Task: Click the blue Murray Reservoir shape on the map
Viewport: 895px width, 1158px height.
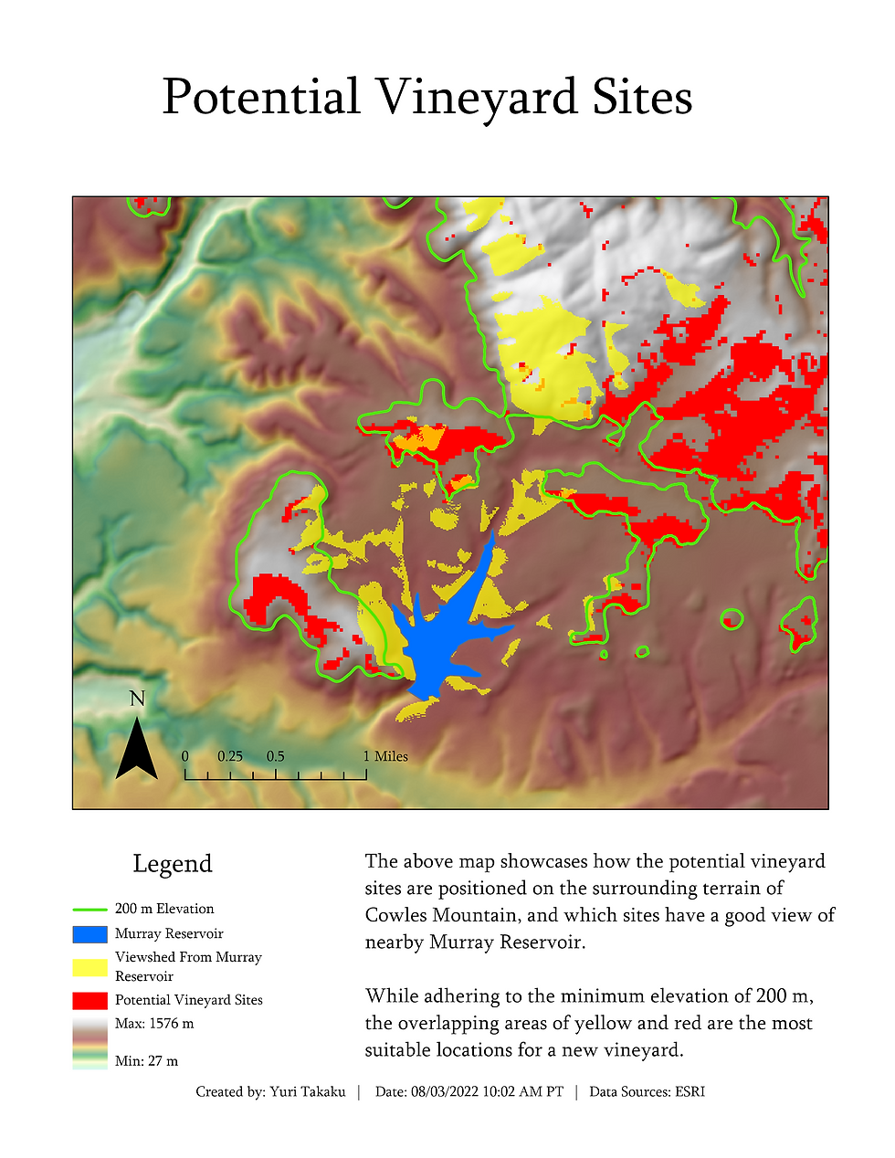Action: coord(438,639)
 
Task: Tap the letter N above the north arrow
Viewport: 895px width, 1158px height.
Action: coord(137,700)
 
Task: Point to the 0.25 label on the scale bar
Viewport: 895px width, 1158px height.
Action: coord(230,756)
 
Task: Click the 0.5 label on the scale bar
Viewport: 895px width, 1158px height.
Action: coord(275,756)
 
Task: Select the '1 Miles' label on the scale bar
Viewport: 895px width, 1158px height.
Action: coord(385,756)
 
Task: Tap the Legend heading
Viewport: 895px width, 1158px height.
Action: coord(172,864)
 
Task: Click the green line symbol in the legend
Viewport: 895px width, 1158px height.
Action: coord(89,910)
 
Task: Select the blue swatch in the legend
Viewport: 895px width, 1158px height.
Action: coord(89,934)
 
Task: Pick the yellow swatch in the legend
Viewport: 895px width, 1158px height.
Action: coord(89,967)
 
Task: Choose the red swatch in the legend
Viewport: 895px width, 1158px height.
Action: coord(89,1001)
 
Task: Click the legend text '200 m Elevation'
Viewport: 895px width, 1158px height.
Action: coord(164,909)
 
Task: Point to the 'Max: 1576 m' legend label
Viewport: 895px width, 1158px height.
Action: coord(154,1024)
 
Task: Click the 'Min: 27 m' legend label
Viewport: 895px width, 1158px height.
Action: coord(146,1061)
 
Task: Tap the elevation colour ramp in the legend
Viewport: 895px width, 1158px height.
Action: coord(89,1043)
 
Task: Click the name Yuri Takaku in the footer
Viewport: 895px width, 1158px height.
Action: coord(307,1092)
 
